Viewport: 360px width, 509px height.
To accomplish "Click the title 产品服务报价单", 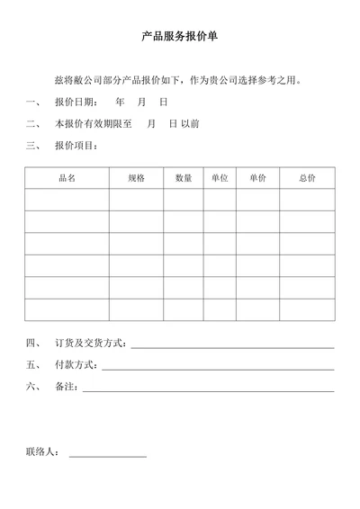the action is [x=180, y=38].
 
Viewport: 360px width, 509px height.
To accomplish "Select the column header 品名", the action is [x=67, y=178].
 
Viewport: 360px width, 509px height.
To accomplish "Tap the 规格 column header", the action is [x=136, y=178].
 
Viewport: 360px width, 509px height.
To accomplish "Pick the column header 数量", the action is [x=184, y=178].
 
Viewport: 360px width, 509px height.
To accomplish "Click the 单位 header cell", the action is [x=220, y=178].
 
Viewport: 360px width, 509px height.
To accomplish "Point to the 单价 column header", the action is [x=257, y=178].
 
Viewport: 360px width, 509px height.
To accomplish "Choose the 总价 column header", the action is [x=307, y=178].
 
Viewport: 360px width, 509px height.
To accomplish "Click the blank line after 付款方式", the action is [x=218, y=368].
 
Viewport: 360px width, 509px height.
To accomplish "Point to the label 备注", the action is [x=66, y=388].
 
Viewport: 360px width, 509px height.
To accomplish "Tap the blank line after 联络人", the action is [x=107, y=456].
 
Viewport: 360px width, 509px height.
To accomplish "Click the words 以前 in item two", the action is [x=190, y=123].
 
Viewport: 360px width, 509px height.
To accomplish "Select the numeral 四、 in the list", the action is [x=34, y=344].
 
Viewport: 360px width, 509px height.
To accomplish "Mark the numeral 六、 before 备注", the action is [x=34, y=388].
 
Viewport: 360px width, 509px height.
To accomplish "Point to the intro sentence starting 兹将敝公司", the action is [x=176, y=80].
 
